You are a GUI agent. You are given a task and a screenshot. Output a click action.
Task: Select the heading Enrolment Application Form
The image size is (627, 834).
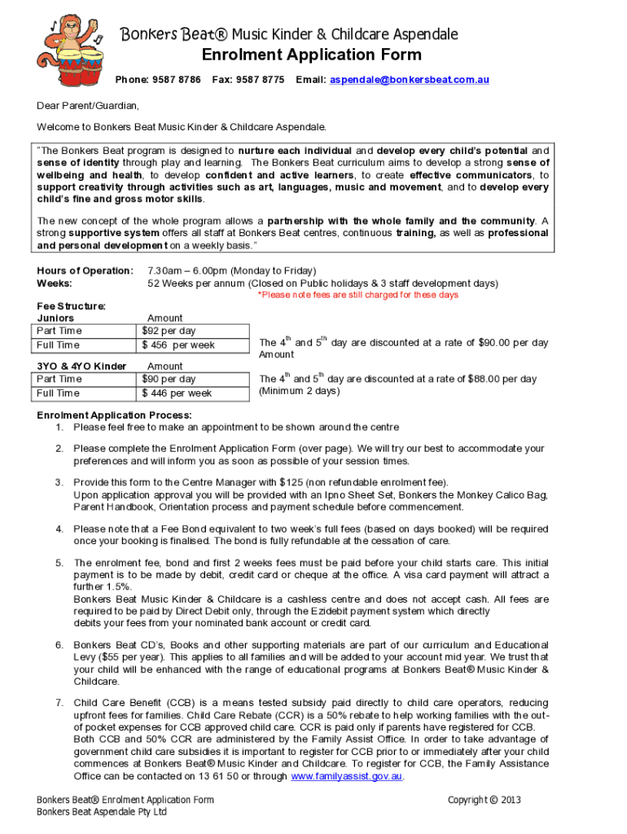pyautogui.click(x=313, y=55)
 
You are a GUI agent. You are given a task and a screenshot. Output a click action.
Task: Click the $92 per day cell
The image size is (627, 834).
pyautogui.click(x=169, y=331)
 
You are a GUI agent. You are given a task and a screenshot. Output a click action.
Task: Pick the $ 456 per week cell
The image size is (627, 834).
pyautogui.click(x=178, y=345)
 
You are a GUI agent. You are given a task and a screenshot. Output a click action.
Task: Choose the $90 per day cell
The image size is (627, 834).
pyautogui.click(x=169, y=379)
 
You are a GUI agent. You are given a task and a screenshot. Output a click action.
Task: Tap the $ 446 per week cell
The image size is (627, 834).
pyautogui.click(x=177, y=393)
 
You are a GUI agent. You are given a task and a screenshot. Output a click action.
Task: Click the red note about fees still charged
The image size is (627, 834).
pyautogui.click(x=358, y=295)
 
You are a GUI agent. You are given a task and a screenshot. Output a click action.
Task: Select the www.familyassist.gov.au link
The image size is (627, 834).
pyautogui.click(x=347, y=776)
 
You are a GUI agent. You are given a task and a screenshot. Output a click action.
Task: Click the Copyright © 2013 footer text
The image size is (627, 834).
pyautogui.click(x=484, y=800)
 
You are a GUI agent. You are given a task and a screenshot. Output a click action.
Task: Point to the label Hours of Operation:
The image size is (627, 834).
pyautogui.click(x=85, y=270)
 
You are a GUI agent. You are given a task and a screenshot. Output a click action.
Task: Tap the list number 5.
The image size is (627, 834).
pyautogui.click(x=59, y=563)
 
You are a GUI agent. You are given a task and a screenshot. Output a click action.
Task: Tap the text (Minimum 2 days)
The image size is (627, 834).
pyautogui.click(x=299, y=391)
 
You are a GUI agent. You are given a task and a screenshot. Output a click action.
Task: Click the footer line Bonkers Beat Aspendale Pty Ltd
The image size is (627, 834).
pyautogui.click(x=102, y=812)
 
